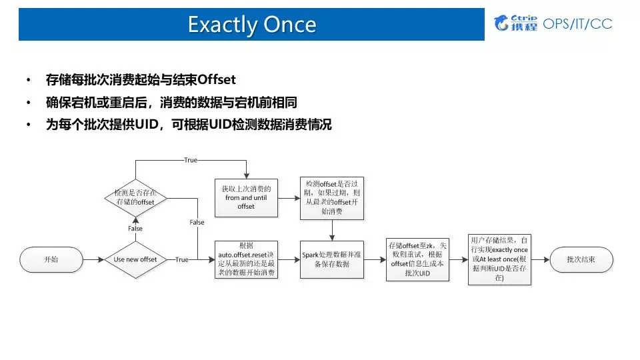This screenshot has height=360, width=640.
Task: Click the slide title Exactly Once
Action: click(x=251, y=25)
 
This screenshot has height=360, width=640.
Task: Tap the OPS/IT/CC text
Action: click(x=578, y=24)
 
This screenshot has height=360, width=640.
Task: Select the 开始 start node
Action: click(x=51, y=259)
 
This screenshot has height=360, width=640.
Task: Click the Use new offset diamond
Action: click(x=135, y=259)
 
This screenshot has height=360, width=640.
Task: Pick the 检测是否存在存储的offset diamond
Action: click(x=135, y=197)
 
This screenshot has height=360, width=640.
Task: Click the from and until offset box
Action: click(x=246, y=197)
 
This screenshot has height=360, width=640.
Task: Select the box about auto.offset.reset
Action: click(x=246, y=259)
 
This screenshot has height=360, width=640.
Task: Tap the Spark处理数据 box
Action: click(x=332, y=259)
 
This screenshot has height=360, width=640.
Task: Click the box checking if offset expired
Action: click(x=332, y=198)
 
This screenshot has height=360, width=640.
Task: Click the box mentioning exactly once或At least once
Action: click(x=499, y=259)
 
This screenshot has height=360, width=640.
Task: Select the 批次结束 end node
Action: click(x=582, y=259)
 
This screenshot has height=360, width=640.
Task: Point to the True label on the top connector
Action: click(x=191, y=160)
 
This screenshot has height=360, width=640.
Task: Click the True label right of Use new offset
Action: click(x=181, y=259)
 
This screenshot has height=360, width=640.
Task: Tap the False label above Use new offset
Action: click(x=135, y=229)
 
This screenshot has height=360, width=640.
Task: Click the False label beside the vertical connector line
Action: click(x=197, y=222)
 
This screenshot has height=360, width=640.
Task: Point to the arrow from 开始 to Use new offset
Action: click(x=93, y=259)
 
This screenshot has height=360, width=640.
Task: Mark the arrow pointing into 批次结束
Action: click(x=541, y=259)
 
